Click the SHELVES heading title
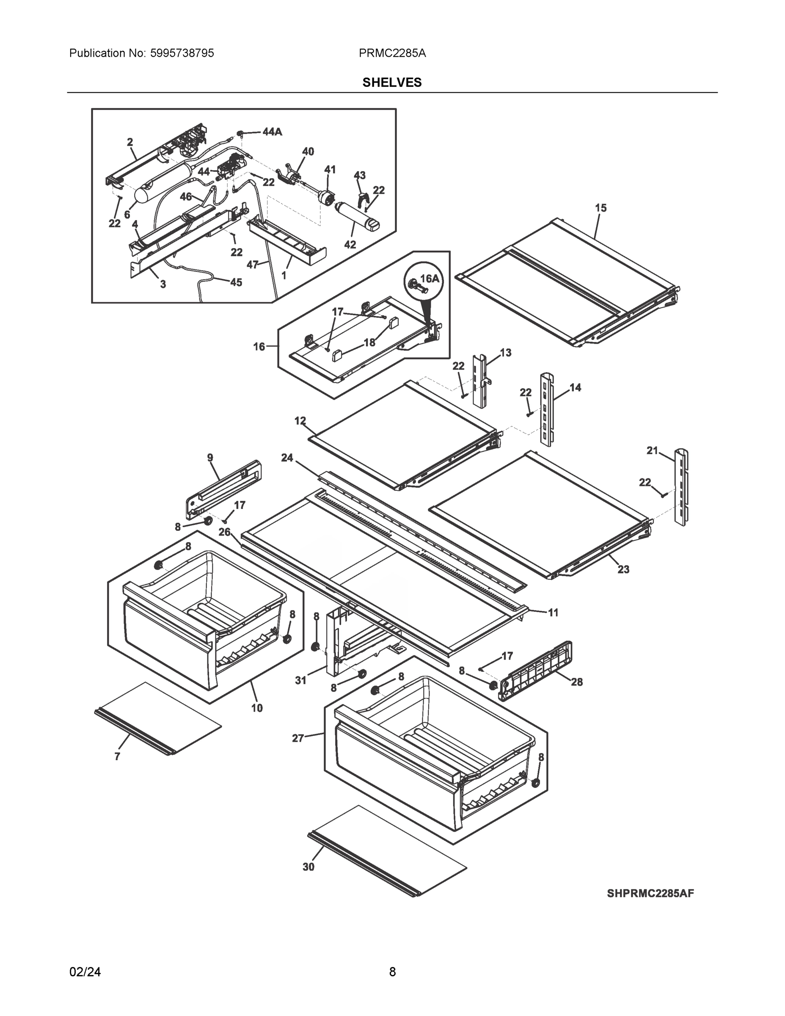pyautogui.click(x=391, y=83)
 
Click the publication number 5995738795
pyautogui.click(x=182, y=53)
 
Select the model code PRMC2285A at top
pyautogui.click(x=392, y=53)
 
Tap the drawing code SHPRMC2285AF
pyautogui.click(x=650, y=893)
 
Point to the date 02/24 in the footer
pyautogui.click(x=85, y=972)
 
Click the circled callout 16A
pyautogui.click(x=429, y=279)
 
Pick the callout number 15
pyautogui.click(x=600, y=208)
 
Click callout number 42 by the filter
pyautogui.click(x=350, y=244)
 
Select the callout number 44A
pyautogui.click(x=272, y=132)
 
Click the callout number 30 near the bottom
pyautogui.click(x=308, y=867)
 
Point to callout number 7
pyautogui.click(x=117, y=757)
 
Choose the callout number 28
pyautogui.click(x=577, y=682)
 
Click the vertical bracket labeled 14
pyautogui.click(x=546, y=409)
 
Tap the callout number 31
pyautogui.click(x=301, y=680)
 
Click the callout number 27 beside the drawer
pyautogui.click(x=297, y=738)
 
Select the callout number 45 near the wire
pyautogui.click(x=236, y=282)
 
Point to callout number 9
pyautogui.click(x=210, y=458)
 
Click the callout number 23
pyautogui.click(x=623, y=569)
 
